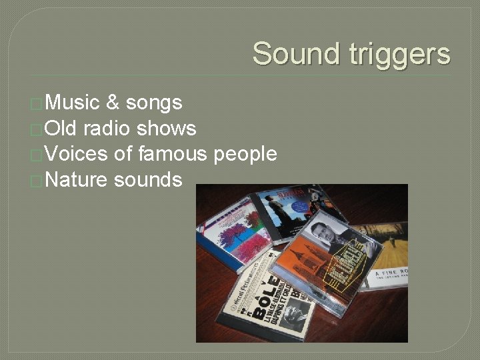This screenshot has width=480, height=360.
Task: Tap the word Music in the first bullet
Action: pos(73,103)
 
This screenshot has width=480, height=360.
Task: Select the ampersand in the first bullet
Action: pos(113,103)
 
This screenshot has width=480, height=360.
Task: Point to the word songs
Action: pos(154,103)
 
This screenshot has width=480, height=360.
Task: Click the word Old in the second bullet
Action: pos(61,128)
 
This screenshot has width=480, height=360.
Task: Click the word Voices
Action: pos(77,154)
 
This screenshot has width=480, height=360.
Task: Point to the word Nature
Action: pos(77,179)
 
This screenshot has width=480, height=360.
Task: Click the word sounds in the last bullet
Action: pos(148,179)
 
